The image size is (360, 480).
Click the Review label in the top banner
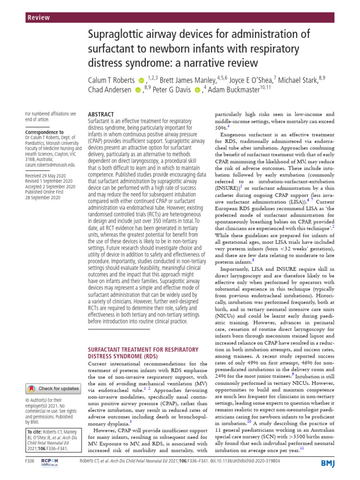tap(39, 17)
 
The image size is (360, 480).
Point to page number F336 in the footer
tap(30, 474)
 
